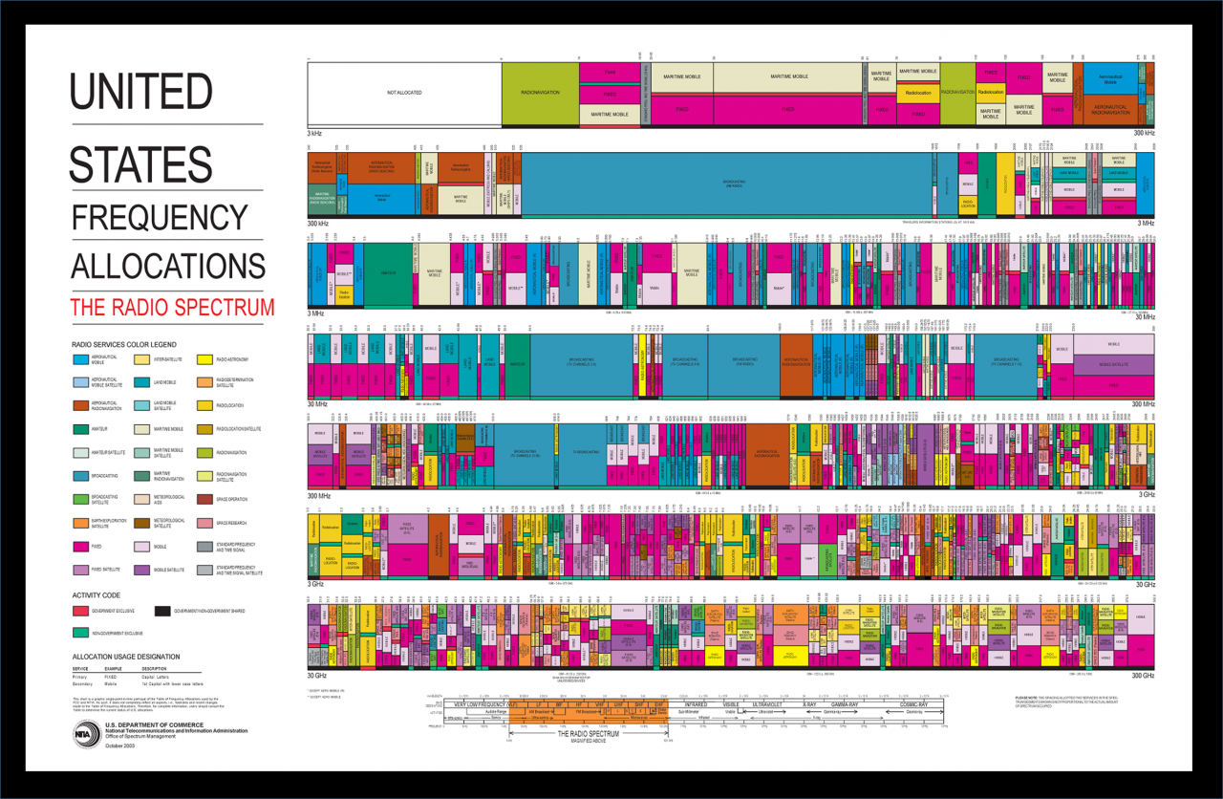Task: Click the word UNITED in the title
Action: coord(140,93)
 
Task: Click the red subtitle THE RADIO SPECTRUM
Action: coord(172,308)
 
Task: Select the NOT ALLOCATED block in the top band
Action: coord(404,93)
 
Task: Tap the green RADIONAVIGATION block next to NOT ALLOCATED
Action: coord(540,93)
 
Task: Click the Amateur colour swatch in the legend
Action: coord(81,429)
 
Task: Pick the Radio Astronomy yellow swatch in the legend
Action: coord(204,360)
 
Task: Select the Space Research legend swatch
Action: coord(204,522)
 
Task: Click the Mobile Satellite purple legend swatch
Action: coord(142,570)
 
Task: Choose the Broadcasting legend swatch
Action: coord(81,476)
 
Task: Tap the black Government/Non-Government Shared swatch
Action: coord(162,611)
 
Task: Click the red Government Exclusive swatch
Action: coord(81,611)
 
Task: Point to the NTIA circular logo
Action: coord(87,733)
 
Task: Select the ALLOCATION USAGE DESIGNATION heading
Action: coord(125,658)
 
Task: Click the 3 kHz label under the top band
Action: coord(315,133)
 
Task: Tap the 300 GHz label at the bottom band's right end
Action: coord(1144,675)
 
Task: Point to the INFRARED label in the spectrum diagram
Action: coord(695,704)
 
